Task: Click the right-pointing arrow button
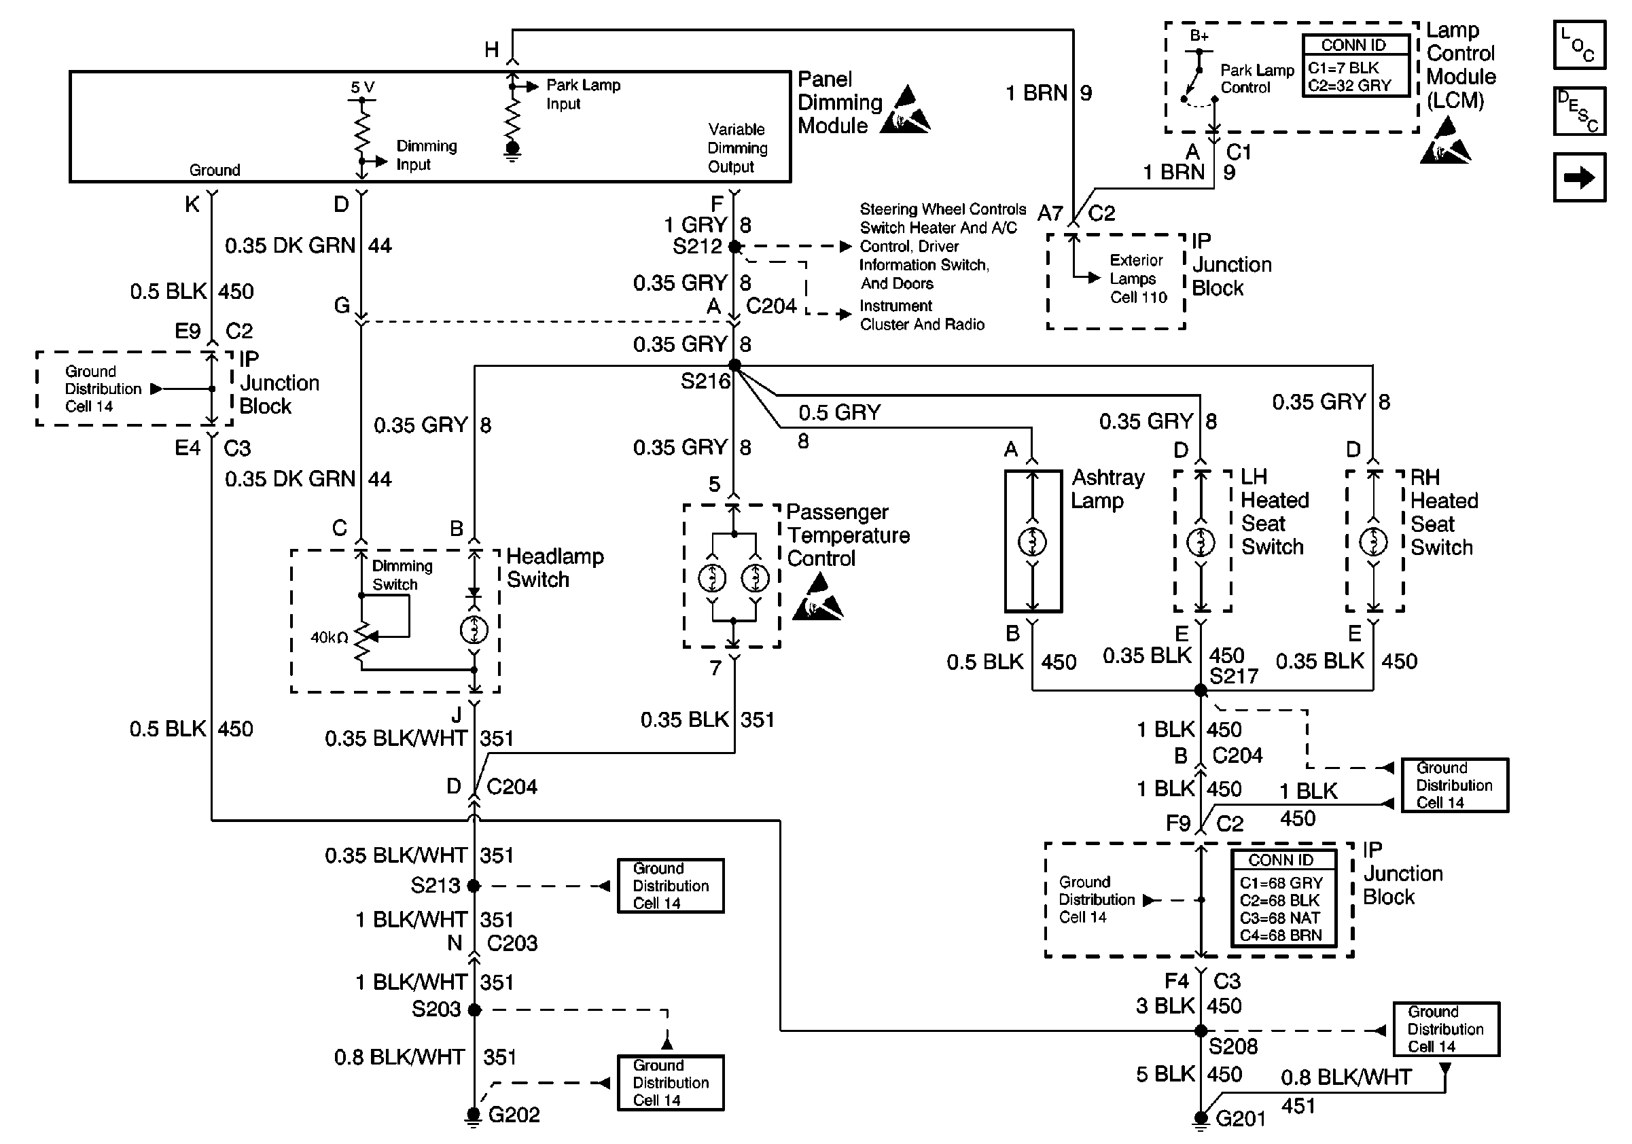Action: point(1579,177)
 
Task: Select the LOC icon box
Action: point(1579,45)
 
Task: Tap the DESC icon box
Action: point(1579,111)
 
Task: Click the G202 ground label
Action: point(513,1113)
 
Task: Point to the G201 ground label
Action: point(1241,1118)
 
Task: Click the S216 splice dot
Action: point(734,365)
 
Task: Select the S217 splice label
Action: point(1234,676)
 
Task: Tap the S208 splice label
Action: point(1233,1046)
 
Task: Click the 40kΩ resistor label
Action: point(328,637)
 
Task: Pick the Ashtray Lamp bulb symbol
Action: point(1032,543)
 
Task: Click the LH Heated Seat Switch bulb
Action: point(1201,542)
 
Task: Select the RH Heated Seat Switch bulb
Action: point(1373,542)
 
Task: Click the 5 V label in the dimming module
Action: point(363,88)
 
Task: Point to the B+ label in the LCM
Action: point(1199,35)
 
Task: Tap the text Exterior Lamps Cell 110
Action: point(1138,279)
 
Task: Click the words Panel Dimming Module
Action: point(840,103)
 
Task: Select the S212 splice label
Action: point(697,247)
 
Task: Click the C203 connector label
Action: point(512,943)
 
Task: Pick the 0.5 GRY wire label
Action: point(840,412)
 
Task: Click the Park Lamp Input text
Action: point(583,94)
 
